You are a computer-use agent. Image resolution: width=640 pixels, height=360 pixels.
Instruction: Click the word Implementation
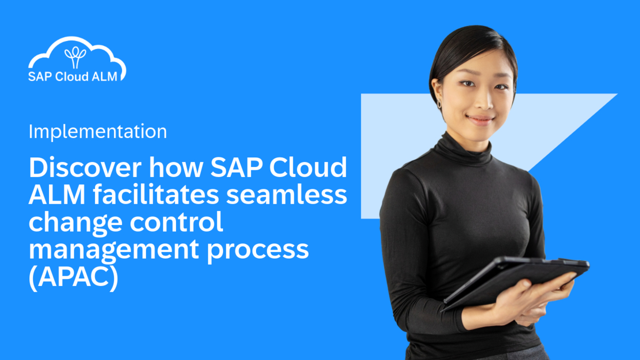pos(98,131)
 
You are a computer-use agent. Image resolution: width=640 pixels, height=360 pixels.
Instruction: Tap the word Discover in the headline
pos(85,169)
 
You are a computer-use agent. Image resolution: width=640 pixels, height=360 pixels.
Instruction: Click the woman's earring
pos(440,102)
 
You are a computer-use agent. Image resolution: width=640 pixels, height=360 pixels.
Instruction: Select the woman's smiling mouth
pos(481,119)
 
